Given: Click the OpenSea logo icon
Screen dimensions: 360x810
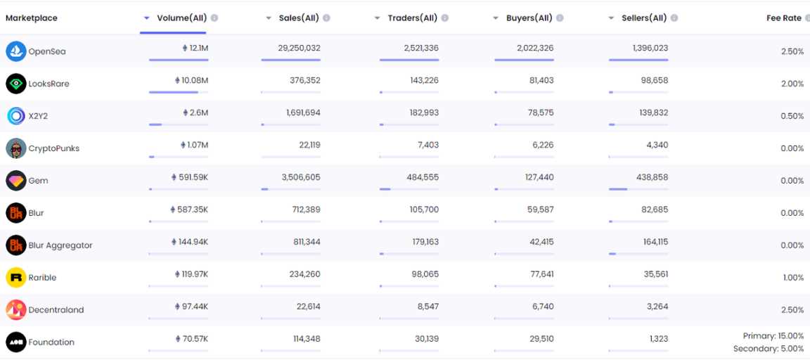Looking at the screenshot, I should (x=15, y=51).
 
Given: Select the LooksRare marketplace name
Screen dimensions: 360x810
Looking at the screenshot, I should (x=49, y=84).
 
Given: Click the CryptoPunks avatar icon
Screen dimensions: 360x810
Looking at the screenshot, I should (x=15, y=148).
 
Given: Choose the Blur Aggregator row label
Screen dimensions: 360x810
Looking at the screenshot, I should (x=60, y=245).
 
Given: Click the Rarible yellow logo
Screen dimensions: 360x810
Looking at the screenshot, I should (x=15, y=278).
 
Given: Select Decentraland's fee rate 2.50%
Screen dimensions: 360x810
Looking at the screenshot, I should (x=792, y=310).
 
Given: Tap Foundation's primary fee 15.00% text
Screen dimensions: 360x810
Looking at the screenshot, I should (x=773, y=336).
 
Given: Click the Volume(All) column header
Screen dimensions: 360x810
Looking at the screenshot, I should (x=181, y=18).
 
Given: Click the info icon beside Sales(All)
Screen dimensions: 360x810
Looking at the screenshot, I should (x=327, y=18).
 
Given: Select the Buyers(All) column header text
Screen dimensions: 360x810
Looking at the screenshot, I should (x=529, y=18).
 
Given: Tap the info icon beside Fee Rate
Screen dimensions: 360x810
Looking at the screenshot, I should (x=806, y=18).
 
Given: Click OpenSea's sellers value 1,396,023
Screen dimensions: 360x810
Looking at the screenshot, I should (x=650, y=49).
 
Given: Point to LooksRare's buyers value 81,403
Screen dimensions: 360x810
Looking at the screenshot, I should (x=541, y=81).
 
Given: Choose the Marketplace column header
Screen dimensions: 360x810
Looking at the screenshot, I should (x=32, y=18).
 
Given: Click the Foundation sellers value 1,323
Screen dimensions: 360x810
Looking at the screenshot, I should (x=659, y=340).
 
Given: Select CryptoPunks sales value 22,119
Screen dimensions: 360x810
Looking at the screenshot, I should (x=309, y=146).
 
